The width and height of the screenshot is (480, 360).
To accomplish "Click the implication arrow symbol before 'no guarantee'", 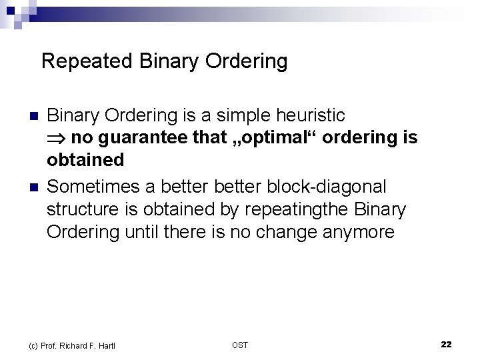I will click(57, 139).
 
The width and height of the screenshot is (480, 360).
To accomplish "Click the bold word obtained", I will click(85, 160).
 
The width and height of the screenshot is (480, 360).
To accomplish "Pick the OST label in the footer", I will click(240, 345).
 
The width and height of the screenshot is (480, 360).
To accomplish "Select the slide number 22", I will click(446, 344).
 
